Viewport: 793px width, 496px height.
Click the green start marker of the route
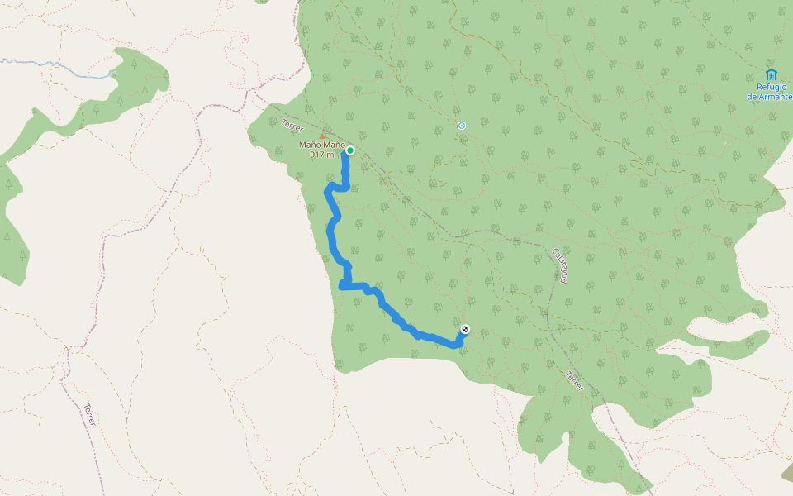coord(350,150)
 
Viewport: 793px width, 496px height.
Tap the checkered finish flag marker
coord(465,330)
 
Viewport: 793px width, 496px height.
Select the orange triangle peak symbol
coord(322,136)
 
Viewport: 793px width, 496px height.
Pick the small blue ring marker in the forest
coord(462,126)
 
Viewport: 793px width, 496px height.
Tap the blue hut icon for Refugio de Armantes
coord(771,74)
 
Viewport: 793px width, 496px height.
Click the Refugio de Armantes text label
coord(769,92)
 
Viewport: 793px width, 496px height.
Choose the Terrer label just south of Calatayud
coord(574,381)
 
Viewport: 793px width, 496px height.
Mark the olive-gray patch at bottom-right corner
coord(787,473)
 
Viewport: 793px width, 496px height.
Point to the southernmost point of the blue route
coord(454,346)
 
